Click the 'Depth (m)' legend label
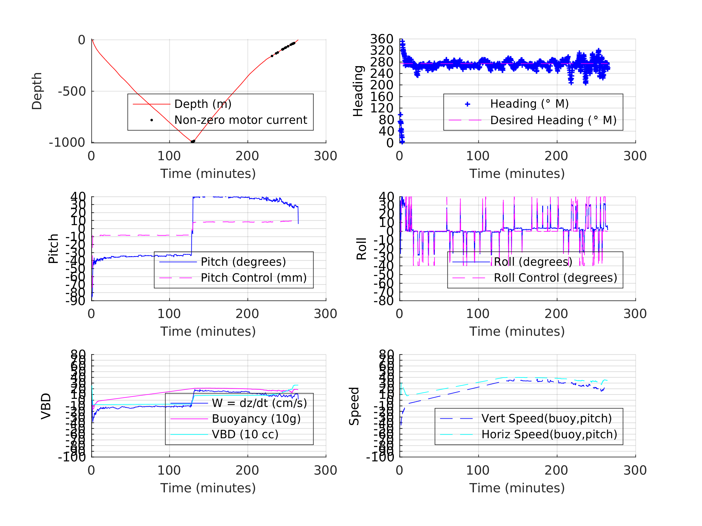point(203,104)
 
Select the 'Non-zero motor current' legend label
point(240,120)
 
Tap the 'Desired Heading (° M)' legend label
point(553,121)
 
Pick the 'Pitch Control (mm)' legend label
point(254,278)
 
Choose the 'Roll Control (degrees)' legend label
point(555,278)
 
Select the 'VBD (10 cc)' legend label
point(245,434)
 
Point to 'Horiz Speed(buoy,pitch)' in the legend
point(549,434)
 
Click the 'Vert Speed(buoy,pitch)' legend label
point(546,418)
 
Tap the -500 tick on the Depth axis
point(72,92)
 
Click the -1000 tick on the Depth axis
point(67,143)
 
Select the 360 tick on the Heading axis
point(382,39)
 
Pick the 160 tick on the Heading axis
point(382,97)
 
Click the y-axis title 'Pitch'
point(53,249)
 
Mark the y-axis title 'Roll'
point(361,249)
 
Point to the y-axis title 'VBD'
point(46,406)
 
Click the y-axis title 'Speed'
point(354,406)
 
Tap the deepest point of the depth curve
point(192,142)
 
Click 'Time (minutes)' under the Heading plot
point(517,174)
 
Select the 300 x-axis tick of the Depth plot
point(326,156)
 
